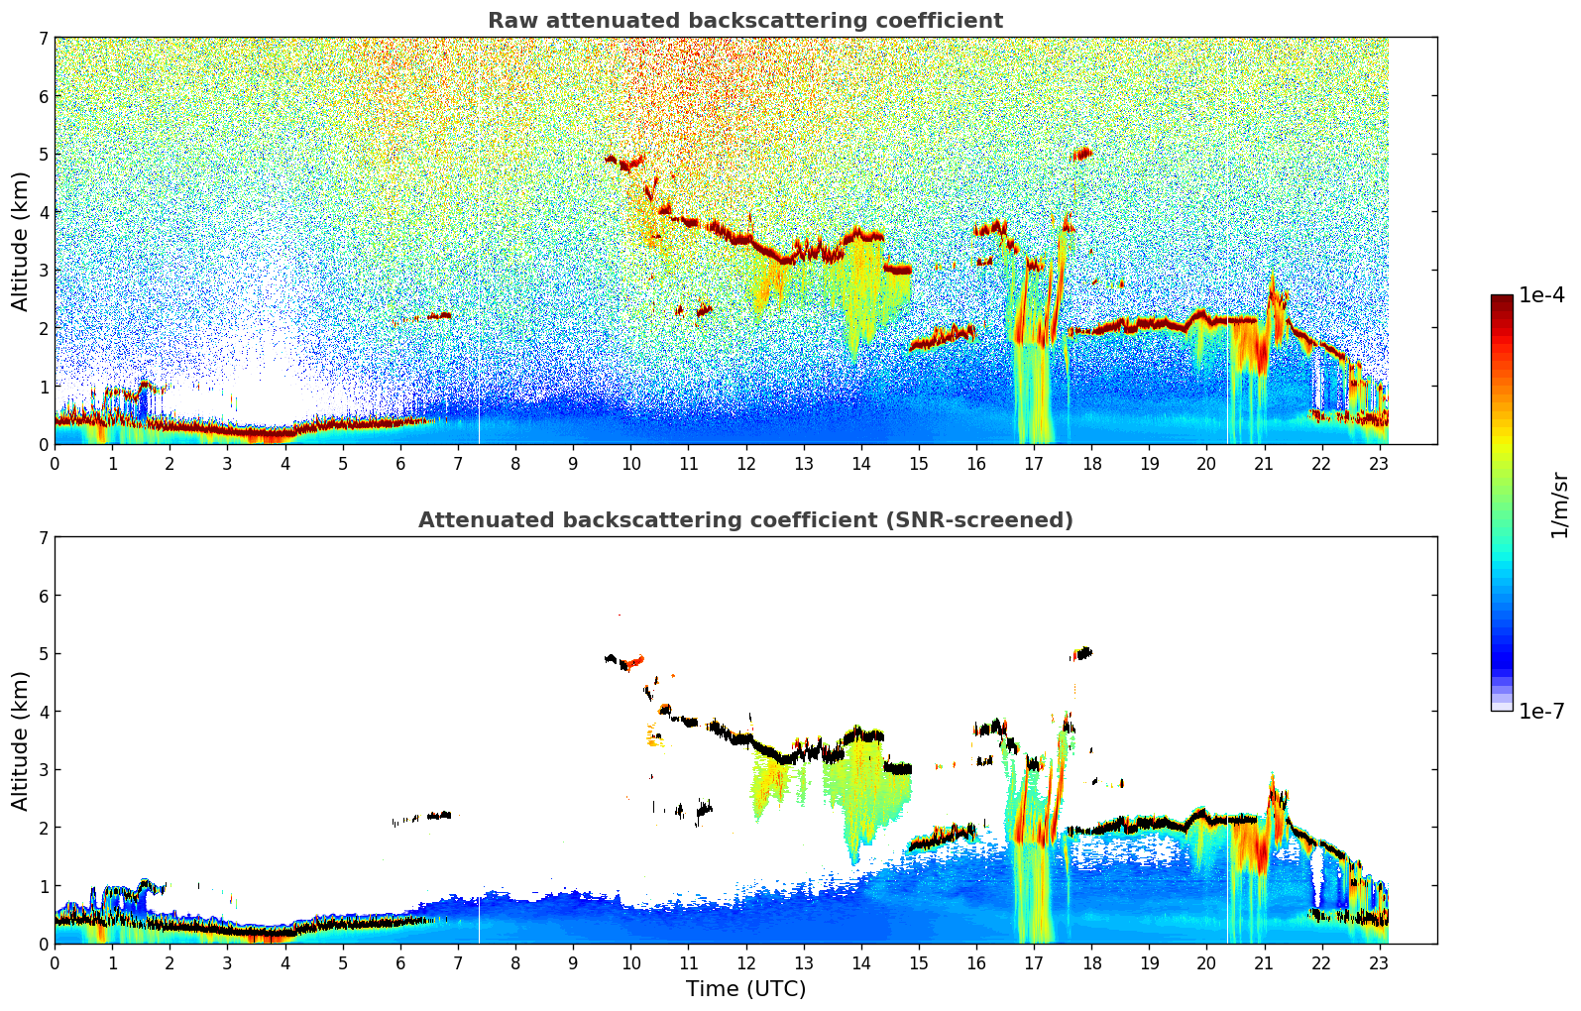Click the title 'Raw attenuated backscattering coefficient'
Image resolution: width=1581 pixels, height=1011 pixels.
point(744,21)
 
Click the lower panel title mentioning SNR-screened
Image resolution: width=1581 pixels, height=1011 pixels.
point(744,520)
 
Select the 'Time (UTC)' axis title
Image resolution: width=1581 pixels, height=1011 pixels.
point(745,989)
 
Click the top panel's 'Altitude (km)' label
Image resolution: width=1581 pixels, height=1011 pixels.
point(21,241)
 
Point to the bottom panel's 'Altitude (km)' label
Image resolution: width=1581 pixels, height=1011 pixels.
point(21,740)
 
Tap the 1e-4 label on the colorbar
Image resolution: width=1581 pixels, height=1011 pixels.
point(1541,295)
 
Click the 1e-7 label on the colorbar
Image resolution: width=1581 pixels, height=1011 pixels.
point(1541,711)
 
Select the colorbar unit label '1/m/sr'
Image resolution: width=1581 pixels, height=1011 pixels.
point(1559,505)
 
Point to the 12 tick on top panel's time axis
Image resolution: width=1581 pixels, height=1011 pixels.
point(745,463)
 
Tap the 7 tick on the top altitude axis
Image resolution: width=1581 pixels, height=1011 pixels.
point(44,39)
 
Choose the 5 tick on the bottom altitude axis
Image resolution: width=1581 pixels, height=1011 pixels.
point(44,654)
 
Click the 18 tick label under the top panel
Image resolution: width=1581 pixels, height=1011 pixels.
point(1091,463)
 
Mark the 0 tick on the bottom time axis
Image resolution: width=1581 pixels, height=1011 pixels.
point(55,962)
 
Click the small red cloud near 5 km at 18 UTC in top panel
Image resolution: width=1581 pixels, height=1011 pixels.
point(1082,154)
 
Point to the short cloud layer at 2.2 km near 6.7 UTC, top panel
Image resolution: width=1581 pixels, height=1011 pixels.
point(439,316)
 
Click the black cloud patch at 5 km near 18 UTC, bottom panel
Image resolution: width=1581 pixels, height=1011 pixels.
point(1083,653)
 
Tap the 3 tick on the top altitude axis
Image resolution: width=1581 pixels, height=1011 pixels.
point(44,271)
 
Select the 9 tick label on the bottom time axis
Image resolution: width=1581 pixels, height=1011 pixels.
point(573,962)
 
